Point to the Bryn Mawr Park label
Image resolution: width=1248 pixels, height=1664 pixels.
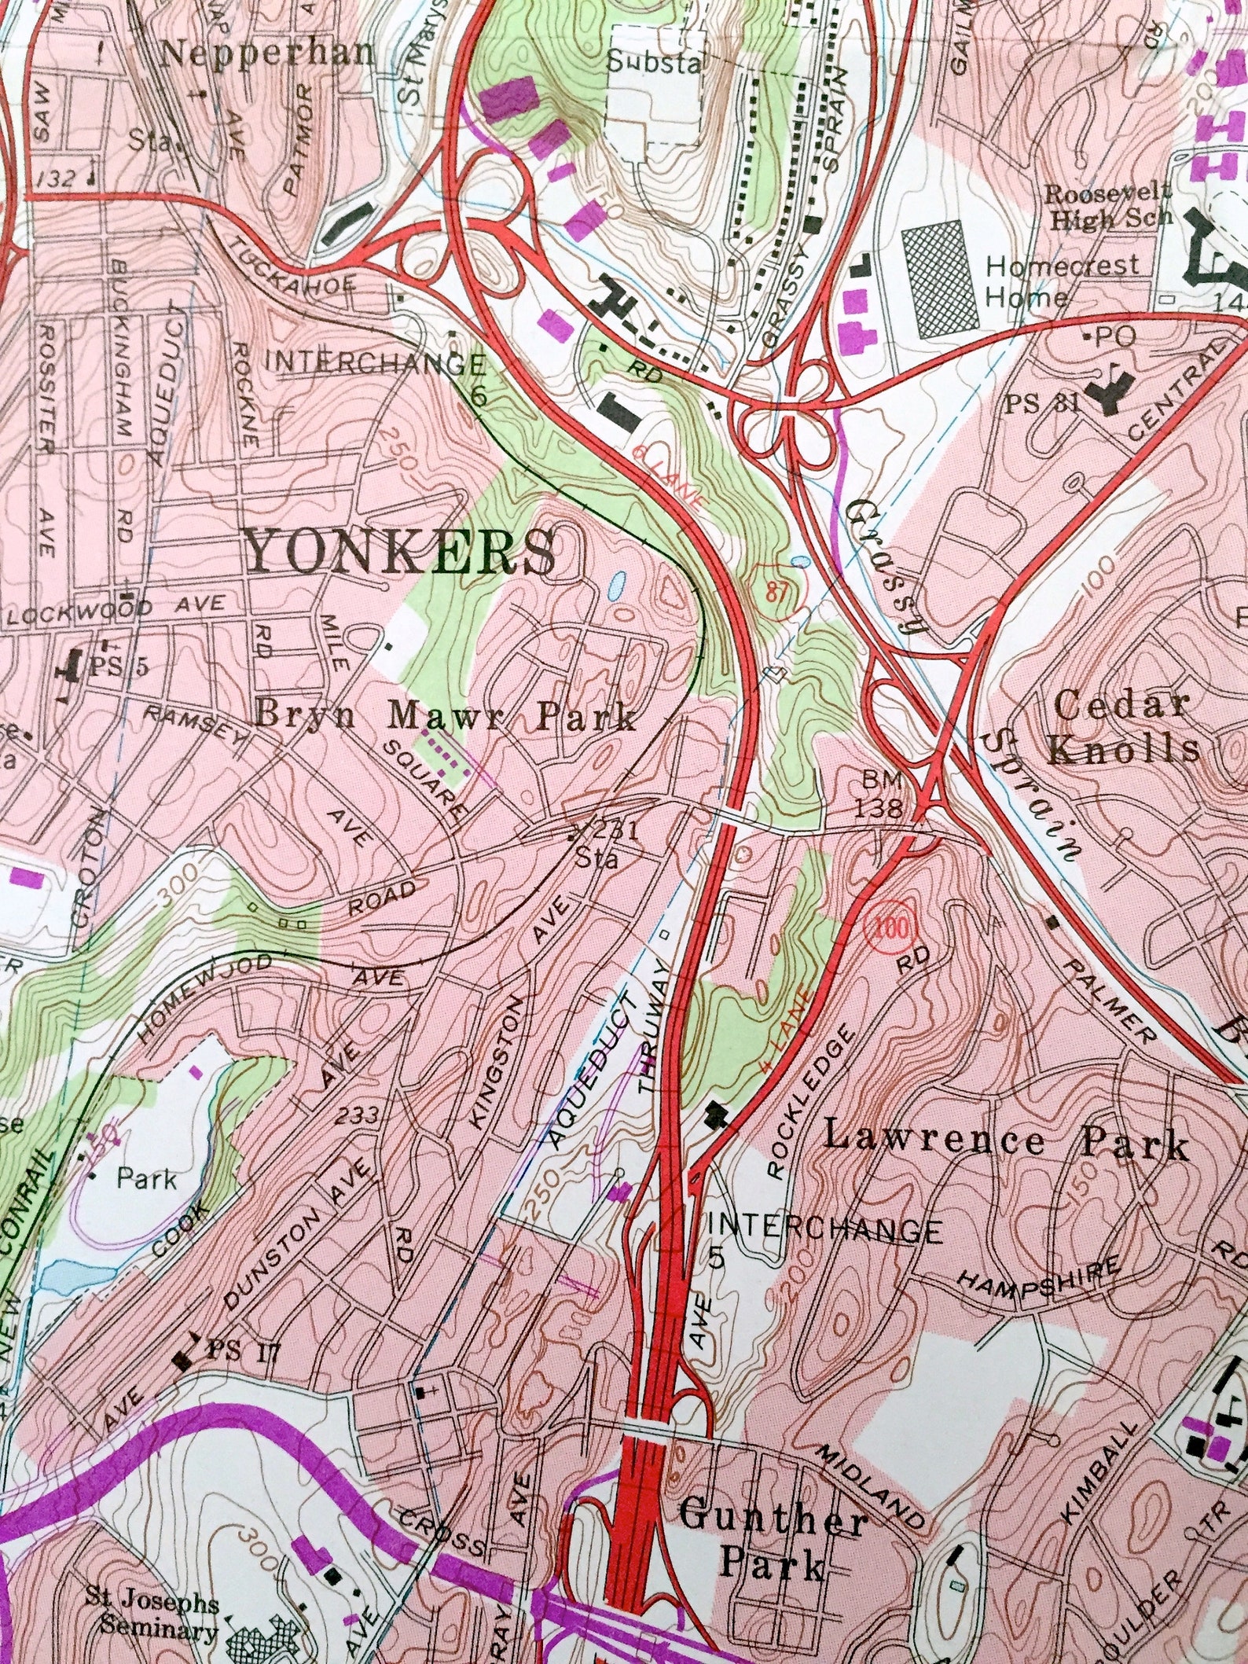tap(445, 717)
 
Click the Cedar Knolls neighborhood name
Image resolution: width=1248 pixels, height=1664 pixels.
tap(1124, 727)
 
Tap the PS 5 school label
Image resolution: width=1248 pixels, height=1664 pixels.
tap(118, 667)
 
